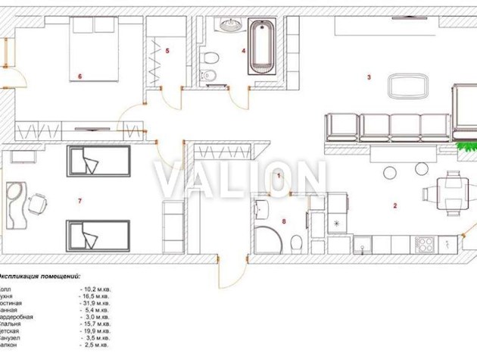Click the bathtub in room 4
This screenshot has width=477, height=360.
coord(263,45)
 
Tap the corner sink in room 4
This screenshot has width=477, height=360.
coord(229,25)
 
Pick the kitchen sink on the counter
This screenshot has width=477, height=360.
coord(364,245)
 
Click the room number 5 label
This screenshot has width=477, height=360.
coord(167,51)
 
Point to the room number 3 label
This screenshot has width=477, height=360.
coord(369,77)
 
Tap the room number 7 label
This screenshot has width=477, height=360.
coord(79,200)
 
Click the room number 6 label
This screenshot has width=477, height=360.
coord(79,77)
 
